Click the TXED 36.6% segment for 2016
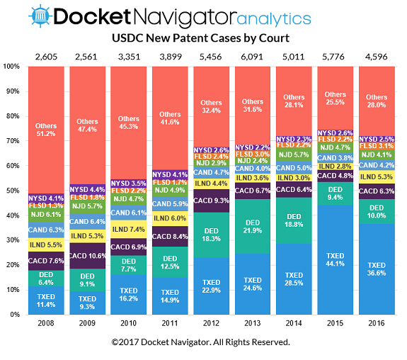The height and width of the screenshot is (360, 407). click(x=377, y=269)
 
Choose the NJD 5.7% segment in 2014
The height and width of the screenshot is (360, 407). click(x=294, y=154)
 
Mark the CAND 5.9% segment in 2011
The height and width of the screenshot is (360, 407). click(x=170, y=204)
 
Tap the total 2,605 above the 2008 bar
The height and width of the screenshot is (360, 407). click(x=46, y=55)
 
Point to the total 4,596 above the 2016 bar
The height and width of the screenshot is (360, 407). click(x=377, y=55)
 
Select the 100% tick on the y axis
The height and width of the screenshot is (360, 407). click(x=12, y=67)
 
